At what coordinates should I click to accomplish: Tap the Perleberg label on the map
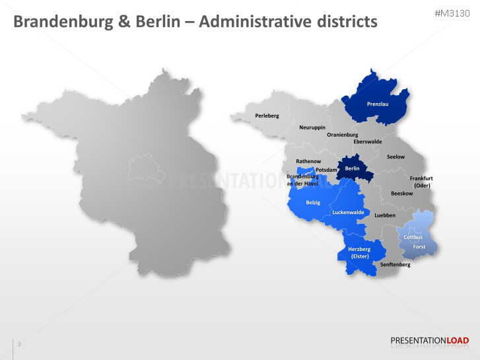[x=267, y=116]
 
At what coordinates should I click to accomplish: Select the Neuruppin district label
[x=312, y=127]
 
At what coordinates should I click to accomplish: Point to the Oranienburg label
[x=343, y=135]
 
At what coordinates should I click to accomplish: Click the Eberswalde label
[x=368, y=141]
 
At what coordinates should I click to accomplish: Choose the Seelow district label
[x=395, y=157]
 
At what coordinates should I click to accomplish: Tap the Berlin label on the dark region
[x=353, y=168]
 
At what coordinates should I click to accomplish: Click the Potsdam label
[x=326, y=170]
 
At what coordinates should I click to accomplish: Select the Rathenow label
[x=308, y=161]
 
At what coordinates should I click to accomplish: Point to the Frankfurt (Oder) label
[x=421, y=182]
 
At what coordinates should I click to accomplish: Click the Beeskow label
[x=401, y=194]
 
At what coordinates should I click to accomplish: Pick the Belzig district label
[x=313, y=202]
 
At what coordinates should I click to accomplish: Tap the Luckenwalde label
[x=348, y=212]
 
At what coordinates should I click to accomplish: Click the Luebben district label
[x=385, y=215]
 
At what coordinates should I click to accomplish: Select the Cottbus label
[x=413, y=237]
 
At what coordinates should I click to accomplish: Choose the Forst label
[x=419, y=247]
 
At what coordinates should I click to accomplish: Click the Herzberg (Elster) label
[x=360, y=252]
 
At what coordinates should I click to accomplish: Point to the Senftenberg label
[x=395, y=264]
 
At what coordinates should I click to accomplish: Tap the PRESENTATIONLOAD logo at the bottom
[x=429, y=341]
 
